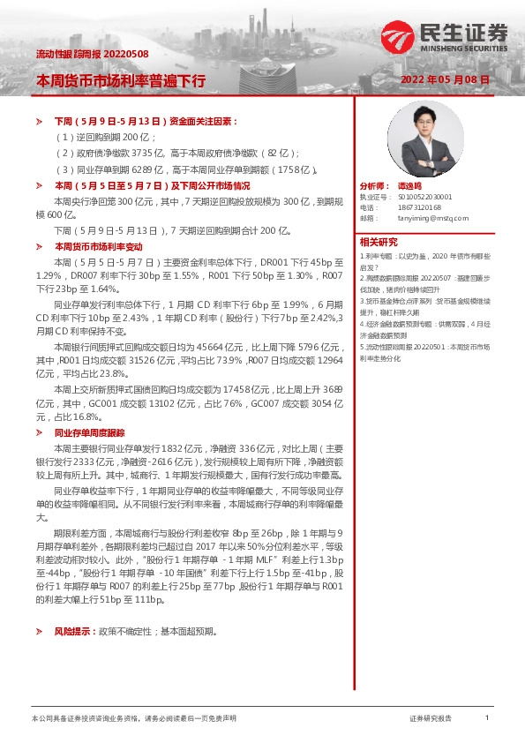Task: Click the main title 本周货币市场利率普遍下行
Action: (120, 80)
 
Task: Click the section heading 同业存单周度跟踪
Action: (90, 433)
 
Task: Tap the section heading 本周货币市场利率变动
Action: (98, 246)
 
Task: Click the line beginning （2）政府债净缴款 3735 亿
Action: (176, 153)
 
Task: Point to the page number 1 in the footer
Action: (486, 718)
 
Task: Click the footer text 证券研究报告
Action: (431, 719)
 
